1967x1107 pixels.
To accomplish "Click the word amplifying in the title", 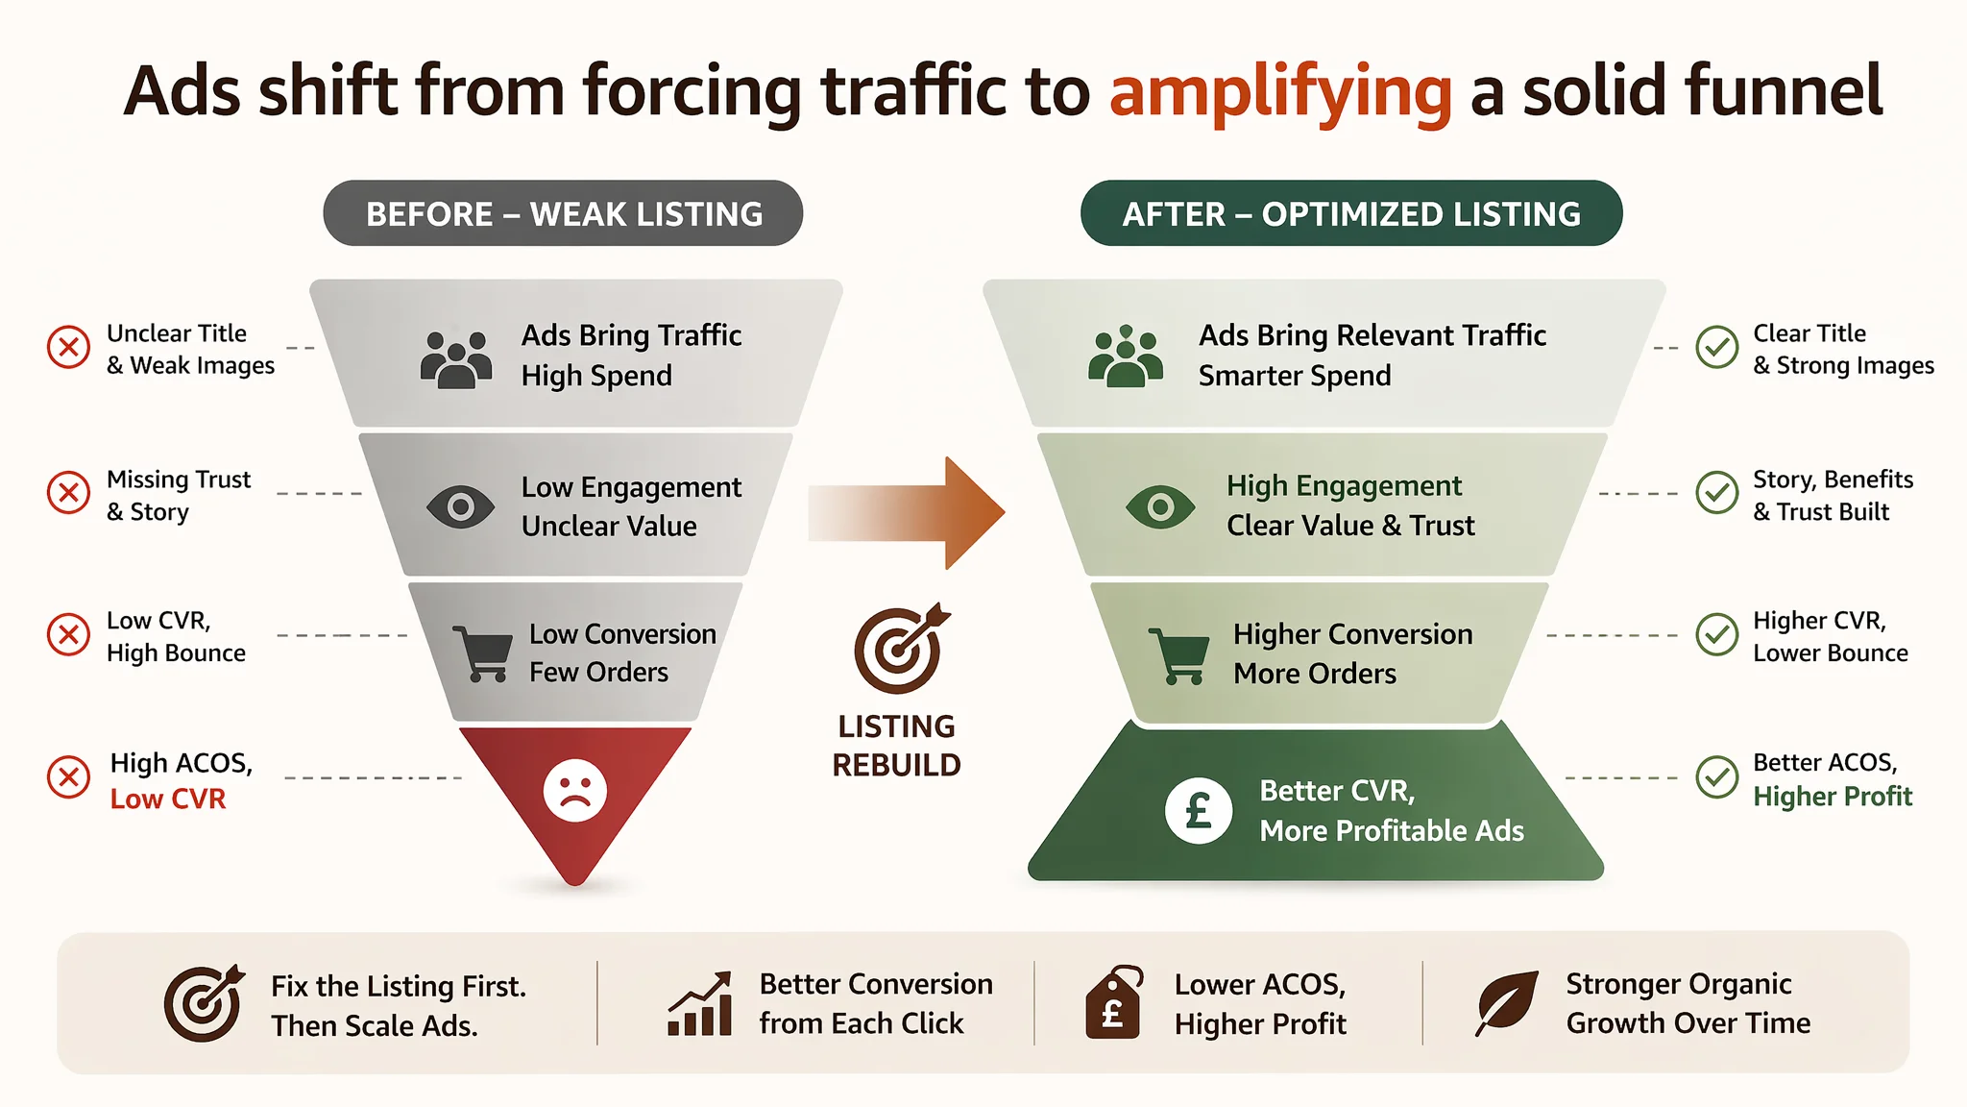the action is pyautogui.click(x=1280, y=92).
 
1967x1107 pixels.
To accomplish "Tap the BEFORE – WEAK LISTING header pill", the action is pyautogui.click(x=563, y=213).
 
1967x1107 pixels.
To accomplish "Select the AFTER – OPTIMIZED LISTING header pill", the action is pyautogui.click(x=1351, y=213).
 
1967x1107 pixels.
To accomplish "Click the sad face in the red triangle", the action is pyautogui.click(x=575, y=791).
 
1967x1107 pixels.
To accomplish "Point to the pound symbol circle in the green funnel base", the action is pyautogui.click(x=1199, y=810).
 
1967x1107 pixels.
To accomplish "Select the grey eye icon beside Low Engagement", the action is pyautogui.click(x=461, y=506).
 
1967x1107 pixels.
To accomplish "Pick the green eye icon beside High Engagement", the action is pyautogui.click(x=1160, y=506).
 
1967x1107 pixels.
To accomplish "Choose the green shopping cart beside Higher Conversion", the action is pyautogui.click(x=1179, y=656).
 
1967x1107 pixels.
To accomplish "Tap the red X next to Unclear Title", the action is pyautogui.click(x=69, y=347).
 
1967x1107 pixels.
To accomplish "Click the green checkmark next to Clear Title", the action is pyautogui.click(x=1717, y=347).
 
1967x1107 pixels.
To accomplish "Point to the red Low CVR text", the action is pyautogui.click(x=168, y=799).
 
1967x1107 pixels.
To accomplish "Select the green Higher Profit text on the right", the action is pyautogui.click(x=1833, y=797).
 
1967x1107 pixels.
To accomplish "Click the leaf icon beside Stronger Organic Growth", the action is pyautogui.click(x=1506, y=1002).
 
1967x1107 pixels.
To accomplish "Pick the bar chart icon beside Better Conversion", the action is pyautogui.click(x=700, y=1003).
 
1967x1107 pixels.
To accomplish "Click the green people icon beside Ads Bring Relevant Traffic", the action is pyautogui.click(x=1126, y=357).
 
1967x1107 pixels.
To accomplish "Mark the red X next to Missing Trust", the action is pyautogui.click(x=69, y=493).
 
